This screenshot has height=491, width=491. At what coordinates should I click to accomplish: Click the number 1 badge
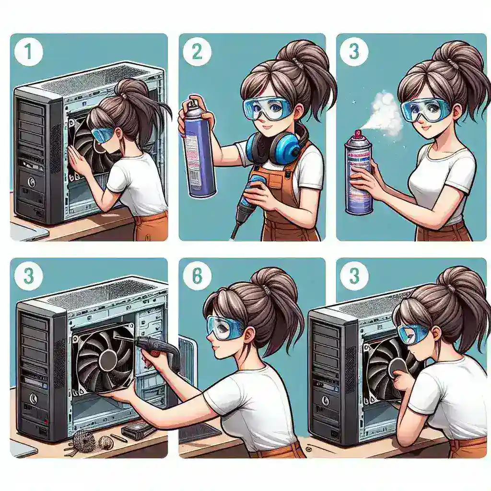coord(29,52)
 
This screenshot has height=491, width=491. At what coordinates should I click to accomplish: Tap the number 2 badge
coord(196,52)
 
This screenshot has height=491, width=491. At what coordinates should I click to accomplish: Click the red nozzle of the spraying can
coord(356,133)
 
